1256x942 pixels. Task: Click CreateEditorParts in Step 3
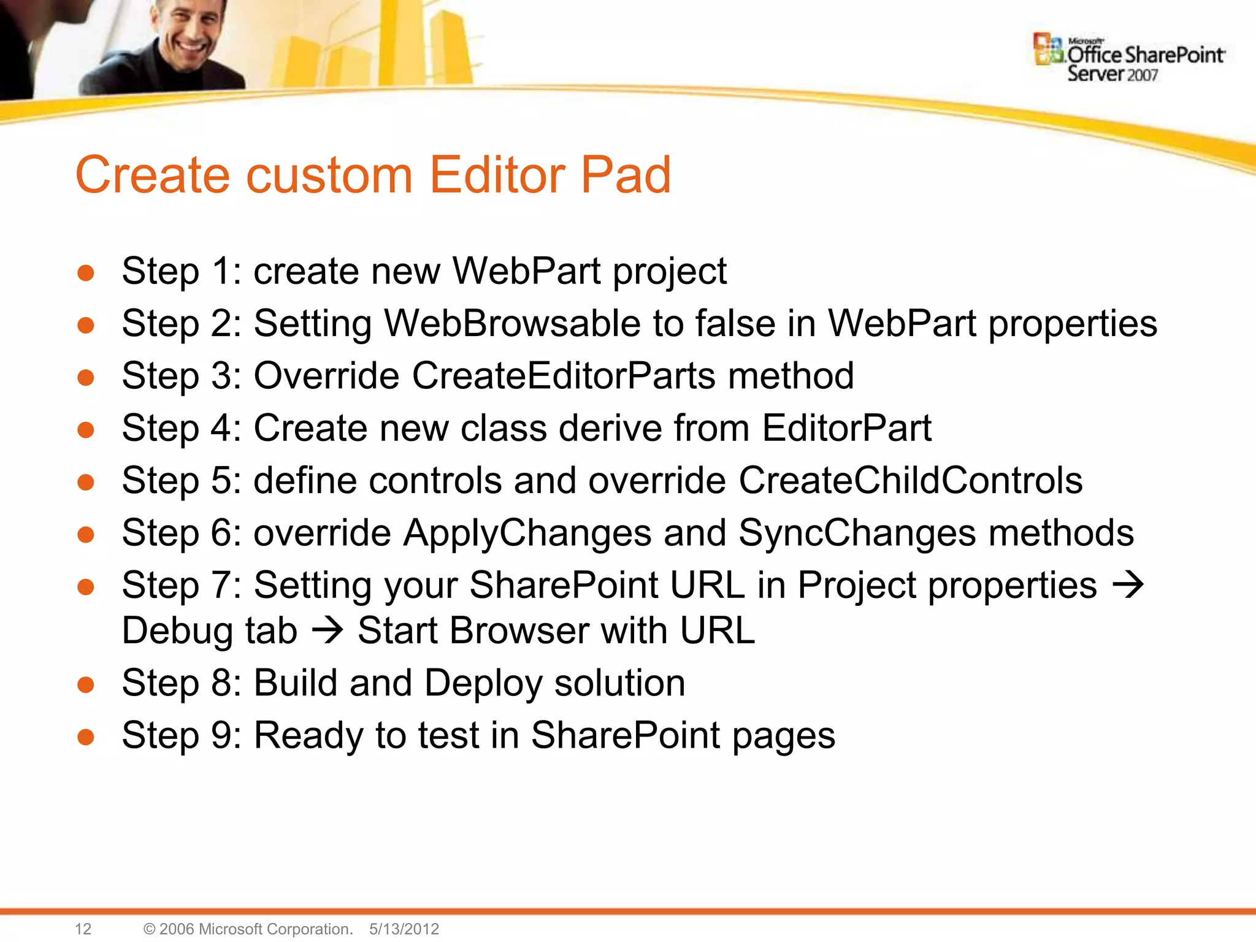(564, 375)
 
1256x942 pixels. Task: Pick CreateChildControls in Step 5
(910, 480)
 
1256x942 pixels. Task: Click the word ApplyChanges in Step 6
(527, 532)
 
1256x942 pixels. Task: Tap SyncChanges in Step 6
(857, 532)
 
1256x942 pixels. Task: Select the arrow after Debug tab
(327, 630)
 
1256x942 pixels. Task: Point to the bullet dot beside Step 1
(86, 273)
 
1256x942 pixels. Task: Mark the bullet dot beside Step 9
(86, 737)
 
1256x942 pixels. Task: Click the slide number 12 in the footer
(83, 929)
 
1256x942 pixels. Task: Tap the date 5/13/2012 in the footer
(404, 929)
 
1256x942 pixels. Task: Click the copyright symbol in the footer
(149, 929)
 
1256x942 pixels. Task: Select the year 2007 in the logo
(1142, 75)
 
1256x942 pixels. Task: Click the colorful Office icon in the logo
(1048, 49)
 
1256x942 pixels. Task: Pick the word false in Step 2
(735, 323)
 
